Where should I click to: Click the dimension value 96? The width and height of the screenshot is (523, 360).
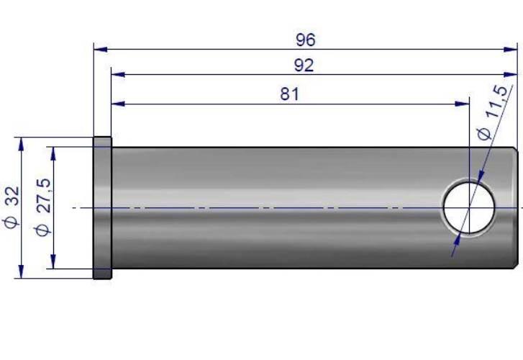tap(305, 40)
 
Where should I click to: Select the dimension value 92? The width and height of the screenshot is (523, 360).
tap(304, 66)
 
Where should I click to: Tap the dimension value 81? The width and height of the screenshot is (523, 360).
tap(289, 94)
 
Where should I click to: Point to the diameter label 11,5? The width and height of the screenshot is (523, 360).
tap(498, 102)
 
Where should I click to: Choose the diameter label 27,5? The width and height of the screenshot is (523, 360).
tap(44, 196)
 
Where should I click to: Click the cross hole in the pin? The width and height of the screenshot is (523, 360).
tap(469, 207)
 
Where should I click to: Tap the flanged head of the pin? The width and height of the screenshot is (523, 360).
tap(102, 207)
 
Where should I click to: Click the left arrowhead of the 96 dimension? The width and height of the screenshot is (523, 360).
tap(101, 50)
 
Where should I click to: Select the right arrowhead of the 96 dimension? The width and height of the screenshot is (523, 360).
tap(510, 50)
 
